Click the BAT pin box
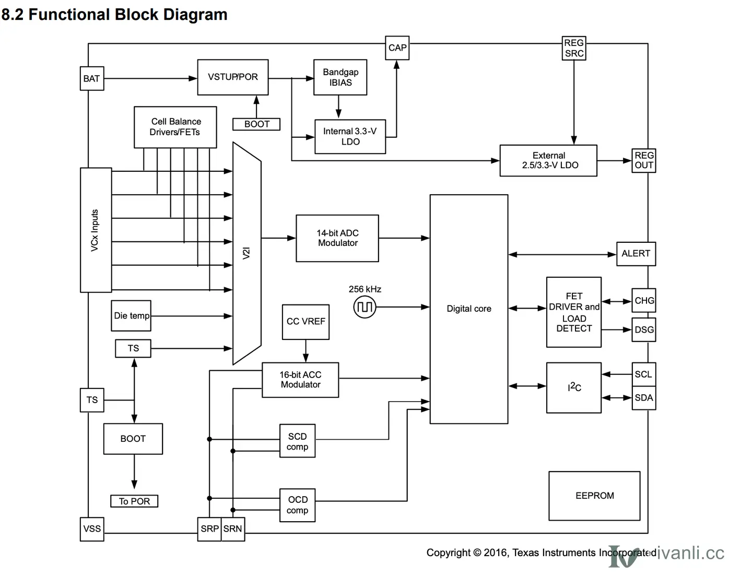(x=92, y=78)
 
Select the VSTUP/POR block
(x=232, y=77)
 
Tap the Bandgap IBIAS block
(x=340, y=77)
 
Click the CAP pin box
(x=397, y=48)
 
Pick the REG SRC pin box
(x=573, y=48)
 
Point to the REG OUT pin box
(x=643, y=160)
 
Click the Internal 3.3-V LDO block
(x=350, y=137)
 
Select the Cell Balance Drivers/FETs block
(x=175, y=127)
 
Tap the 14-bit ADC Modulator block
(x=337, y=238)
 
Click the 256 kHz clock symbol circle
(x=365, y=307)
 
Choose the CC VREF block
(x=305, y=322)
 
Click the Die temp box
(x=131, y=316)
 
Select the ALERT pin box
(x=636, y=254)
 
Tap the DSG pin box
(x=643, y=330)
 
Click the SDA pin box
(x=643, y=398)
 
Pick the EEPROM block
(x=594, y=496)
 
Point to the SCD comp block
(x=297, y=441)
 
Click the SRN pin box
(x=232, y=529)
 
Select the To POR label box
(x=134, y=501)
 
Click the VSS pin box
(x=92, y=529)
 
